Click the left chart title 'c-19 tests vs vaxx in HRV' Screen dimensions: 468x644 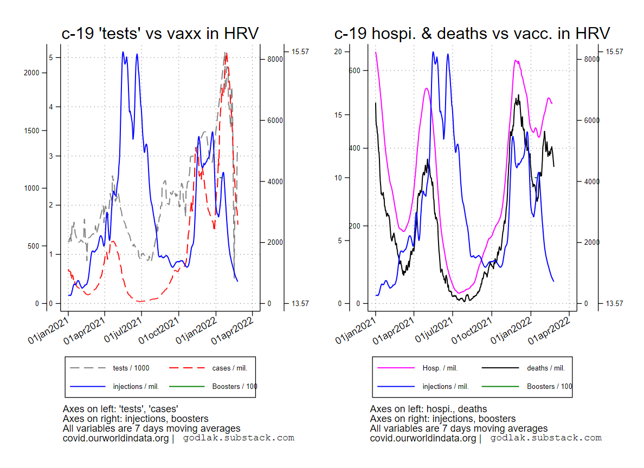pos(160,34)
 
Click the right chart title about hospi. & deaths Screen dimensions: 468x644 pos(472,34)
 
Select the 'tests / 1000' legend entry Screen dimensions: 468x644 pos(131,368)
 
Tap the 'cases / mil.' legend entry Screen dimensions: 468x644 pos(229,368)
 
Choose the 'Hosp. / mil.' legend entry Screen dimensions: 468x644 pos(440,368)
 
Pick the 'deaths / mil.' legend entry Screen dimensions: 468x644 pos(545,368)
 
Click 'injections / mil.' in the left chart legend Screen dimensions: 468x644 pos(136,387)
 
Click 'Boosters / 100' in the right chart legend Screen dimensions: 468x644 pos(549,387)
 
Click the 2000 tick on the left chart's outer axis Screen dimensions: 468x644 pos(32,73)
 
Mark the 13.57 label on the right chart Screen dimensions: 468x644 pos(614,303)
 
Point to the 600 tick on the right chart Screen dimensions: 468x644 pos(355,70)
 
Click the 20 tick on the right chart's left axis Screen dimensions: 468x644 pos(338,51)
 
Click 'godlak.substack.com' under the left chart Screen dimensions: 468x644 pos(239,438)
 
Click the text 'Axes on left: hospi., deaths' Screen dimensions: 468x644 pos(428,409)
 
